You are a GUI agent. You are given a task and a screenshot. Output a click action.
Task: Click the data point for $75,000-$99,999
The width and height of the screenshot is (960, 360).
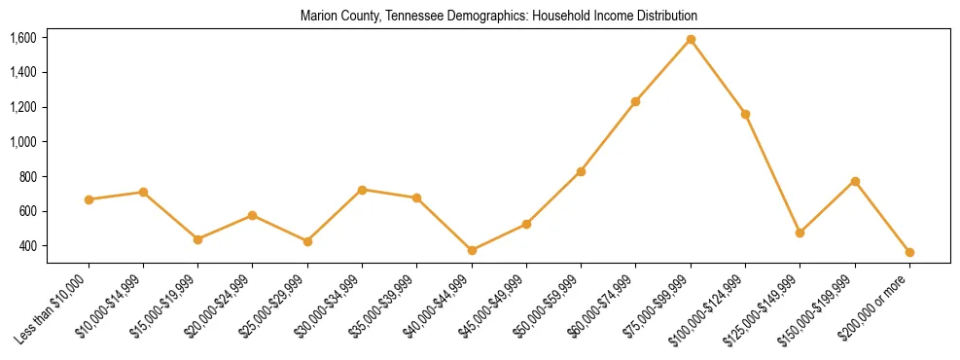[x=691, y=39]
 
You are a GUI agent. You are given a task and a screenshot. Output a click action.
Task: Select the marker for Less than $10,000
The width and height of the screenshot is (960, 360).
[x=89, y=199]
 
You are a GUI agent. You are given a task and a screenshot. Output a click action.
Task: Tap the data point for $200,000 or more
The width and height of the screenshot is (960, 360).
[x=909, y=252]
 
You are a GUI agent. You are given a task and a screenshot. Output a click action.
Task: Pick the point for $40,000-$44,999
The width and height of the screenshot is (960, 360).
[x=472, y=250]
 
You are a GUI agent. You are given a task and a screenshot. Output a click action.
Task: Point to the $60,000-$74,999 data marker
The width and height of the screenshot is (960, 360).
[x=636, y=101]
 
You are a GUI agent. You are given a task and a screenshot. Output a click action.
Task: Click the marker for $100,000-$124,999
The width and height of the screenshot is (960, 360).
[x=745, y=114]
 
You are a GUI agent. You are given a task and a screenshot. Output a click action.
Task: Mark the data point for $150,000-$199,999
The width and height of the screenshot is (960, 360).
[x=855, y=181]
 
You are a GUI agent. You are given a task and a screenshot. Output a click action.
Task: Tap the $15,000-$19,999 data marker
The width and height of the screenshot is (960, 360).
[x=198, y=239]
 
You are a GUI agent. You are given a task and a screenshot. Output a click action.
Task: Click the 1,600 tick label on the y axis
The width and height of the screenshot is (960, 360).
[x=23, y=38]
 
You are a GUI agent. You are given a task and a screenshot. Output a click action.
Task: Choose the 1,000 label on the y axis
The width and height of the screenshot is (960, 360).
[x=23, y=142]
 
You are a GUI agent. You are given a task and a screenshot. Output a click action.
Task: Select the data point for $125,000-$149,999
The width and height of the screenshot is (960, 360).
[x=800, y=233]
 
